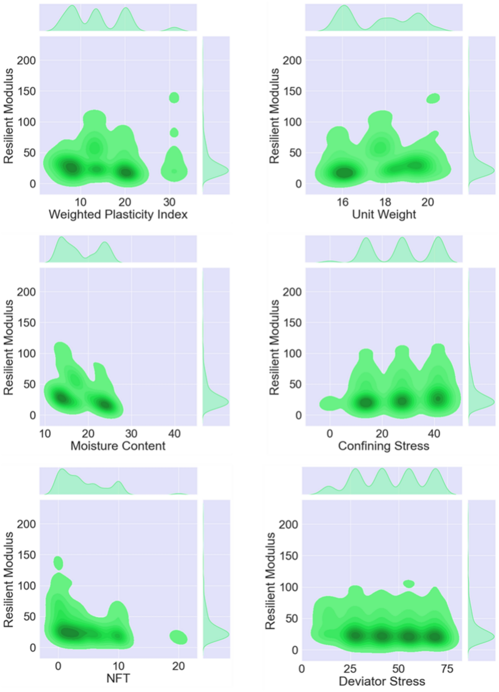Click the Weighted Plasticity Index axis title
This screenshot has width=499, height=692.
point(118,214)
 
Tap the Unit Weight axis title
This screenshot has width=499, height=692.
point(383,214)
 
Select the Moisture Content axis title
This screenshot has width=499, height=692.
point(118,446)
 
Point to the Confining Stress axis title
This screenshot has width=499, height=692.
point(383,446)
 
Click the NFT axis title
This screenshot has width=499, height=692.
point(118,678)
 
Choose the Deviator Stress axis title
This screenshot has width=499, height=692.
point(382,682)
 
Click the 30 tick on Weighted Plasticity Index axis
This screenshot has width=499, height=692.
point(169,202)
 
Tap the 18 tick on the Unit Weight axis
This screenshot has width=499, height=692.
point(385,202)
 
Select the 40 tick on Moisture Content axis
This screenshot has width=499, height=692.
point(174,434)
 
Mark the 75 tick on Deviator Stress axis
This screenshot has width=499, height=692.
point(447,669)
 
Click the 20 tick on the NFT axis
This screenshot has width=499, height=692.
point(178,666)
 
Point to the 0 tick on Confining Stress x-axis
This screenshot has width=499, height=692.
point(330,434)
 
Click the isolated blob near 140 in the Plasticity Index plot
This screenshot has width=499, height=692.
point(174,98)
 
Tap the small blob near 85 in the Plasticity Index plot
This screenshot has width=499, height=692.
point(174,133)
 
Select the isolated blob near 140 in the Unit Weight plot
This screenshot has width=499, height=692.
point(433,98)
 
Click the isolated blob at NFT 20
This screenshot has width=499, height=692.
point(178,637)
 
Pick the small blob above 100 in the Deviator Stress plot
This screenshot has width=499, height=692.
point(409,584)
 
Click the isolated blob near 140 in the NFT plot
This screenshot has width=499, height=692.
point(58,563)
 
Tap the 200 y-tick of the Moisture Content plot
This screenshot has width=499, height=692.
point(26,292)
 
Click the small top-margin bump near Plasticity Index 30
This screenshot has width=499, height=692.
point(175,29)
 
